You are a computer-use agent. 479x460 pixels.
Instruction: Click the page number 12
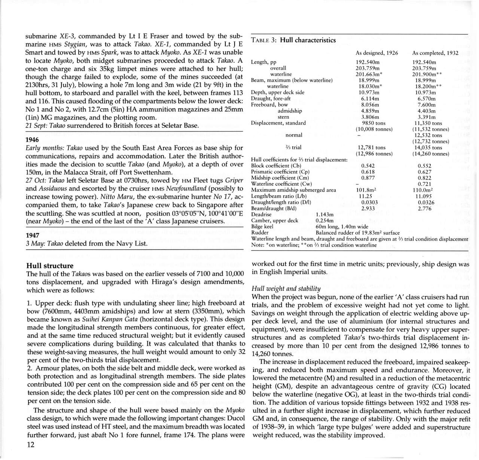click(x=31, y=445)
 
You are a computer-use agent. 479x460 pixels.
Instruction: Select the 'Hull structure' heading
click(x=50, y=266)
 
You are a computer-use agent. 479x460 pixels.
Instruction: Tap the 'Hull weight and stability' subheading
click(x=286, y=288)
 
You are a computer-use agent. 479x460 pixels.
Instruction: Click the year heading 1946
click(x=32, y=140)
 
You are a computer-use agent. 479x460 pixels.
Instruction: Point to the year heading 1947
click(x=32, y=235)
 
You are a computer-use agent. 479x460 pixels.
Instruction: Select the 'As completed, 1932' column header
click(x=435, y=53)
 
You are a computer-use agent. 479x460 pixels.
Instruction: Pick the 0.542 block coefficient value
click(x=368, y=166)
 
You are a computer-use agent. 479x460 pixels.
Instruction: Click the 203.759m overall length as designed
click(x=369, y=68)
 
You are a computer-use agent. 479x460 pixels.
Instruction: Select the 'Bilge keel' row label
click(x=262, y=226)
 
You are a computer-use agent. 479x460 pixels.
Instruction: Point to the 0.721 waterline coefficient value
click(x=424, y=184)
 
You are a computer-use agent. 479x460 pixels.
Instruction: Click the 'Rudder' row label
click(x=260, y=232)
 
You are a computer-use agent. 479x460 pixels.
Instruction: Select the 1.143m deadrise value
click(x=324, y=214)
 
